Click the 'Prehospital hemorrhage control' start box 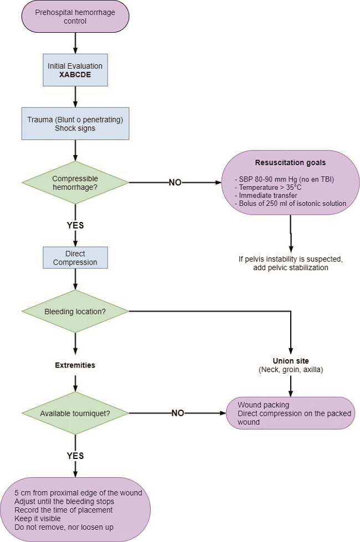[75, 17]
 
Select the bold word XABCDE [75, 74]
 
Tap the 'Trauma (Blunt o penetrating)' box [75, 123]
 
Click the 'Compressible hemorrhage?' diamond [75, 182]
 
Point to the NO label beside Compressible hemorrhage [176, 182]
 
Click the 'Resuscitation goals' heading [290, 163]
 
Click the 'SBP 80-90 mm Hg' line [282, 180]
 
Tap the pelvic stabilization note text [290, 263]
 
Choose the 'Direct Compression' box [75, 258]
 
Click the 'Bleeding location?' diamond [75, 311]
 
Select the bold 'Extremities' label [75, 365]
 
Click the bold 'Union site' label [290, 361]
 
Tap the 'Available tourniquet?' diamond [75, 412]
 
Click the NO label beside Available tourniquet [178, 412]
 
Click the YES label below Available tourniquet [75, 456]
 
